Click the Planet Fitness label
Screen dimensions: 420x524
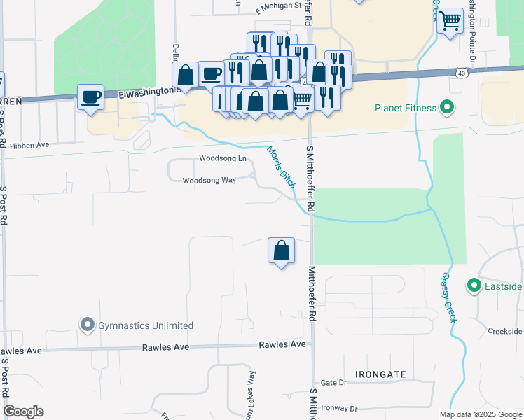point(405,108)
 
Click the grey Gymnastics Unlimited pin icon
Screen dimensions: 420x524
point(87,325)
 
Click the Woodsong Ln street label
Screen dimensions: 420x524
point(223,159)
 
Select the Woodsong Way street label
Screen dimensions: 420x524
point(209,181)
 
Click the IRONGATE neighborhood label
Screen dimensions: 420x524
point(380,375)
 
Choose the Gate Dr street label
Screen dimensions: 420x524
point(333,383)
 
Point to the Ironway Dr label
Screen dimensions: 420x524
point(338,409)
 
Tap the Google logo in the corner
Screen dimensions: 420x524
point(23,412)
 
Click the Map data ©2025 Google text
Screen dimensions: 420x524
point(480,414)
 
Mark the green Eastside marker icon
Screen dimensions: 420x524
point(474,286)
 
